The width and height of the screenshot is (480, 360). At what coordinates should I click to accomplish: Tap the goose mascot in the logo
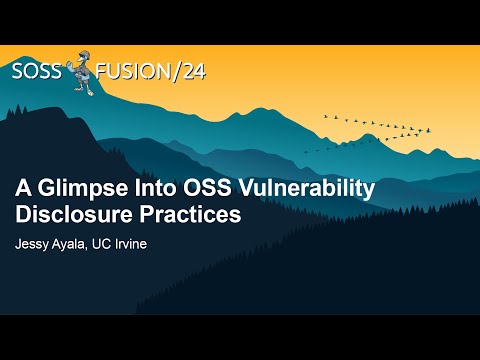coord(82,75)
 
